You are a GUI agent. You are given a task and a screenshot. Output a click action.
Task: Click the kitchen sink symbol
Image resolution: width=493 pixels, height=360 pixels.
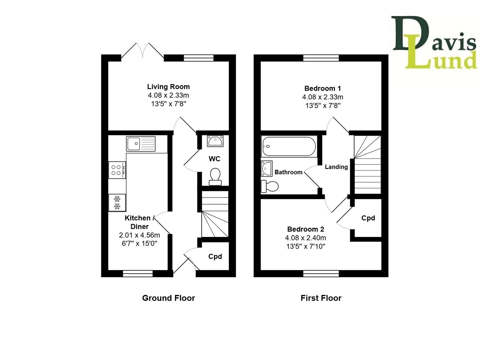(141, 144)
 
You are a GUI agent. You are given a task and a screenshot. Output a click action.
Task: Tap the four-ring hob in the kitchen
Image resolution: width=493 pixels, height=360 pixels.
(117, 170)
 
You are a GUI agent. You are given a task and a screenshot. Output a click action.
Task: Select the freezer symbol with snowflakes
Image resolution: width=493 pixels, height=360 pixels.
(117, 203)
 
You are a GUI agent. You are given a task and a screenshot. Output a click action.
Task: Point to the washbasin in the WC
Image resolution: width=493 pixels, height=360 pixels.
(215, 141)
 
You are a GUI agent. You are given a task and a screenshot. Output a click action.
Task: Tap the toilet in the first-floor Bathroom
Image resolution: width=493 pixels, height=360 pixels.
(269, 186)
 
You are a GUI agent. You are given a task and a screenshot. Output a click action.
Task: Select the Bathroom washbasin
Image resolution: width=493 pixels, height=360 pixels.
(267, 168)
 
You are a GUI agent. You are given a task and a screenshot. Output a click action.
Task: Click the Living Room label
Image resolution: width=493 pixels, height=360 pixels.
(169, 87)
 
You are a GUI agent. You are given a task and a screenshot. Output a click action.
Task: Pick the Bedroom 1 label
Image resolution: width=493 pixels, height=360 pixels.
(322, 88)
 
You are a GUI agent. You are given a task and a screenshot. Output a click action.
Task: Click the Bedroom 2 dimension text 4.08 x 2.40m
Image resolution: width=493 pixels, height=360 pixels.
(305, 238)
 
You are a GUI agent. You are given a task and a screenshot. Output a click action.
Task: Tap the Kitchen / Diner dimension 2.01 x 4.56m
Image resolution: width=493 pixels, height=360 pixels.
(139, 235)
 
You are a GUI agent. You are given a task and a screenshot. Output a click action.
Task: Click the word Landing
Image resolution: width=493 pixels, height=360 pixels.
(336, 167)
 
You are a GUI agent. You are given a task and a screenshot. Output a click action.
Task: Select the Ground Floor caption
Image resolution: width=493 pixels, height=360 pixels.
(169, 298)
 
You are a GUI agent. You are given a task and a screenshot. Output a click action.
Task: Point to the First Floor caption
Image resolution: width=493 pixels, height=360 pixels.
(321, 298)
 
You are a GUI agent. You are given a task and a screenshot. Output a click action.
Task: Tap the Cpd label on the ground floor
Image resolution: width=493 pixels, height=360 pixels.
(215, 256)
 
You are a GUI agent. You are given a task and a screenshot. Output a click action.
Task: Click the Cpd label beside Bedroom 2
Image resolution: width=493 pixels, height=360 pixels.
(368, 218)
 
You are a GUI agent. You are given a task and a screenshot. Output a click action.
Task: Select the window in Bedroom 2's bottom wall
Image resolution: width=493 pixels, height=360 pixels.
(321, 274)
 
